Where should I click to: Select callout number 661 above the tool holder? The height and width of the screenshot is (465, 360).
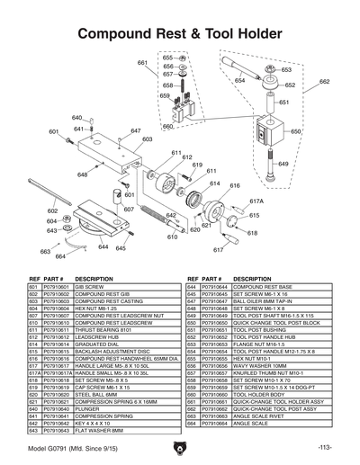click(x=141, y=62)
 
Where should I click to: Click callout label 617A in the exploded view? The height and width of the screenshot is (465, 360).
click(x=256, y=201)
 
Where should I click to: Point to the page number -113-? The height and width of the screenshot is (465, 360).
click(x=326, y=448)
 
